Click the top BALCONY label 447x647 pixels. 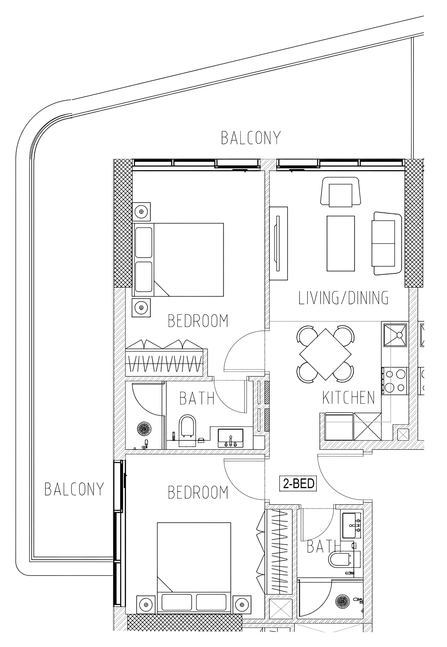click(x=251, y=138)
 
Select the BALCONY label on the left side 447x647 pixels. click(x=74, y=489)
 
